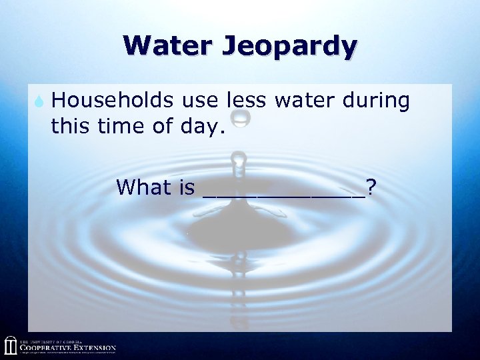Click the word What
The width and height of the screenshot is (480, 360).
(x=143, y=187)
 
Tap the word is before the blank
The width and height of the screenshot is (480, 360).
(x=187, y=187)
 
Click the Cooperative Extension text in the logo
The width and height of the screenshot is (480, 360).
(x=67, y=347)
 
